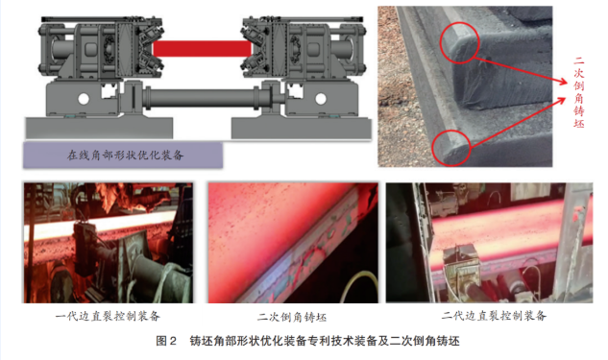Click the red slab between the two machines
[202, 49]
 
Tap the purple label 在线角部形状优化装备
[123, 155]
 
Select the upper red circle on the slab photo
[460, 42]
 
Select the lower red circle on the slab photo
[451, 148]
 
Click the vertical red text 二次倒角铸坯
[578, 92]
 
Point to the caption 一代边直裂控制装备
[108, 316]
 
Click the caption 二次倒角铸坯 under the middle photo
[292, 318]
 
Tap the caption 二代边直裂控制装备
[494, 316]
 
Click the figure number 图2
[166, 341]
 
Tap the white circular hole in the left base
[84, 99]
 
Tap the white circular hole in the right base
[321, 99]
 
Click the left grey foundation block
[99, 128]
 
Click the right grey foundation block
[302, 129]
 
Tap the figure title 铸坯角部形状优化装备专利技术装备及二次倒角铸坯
[325, 341]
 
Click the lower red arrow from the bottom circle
[518, 123]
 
